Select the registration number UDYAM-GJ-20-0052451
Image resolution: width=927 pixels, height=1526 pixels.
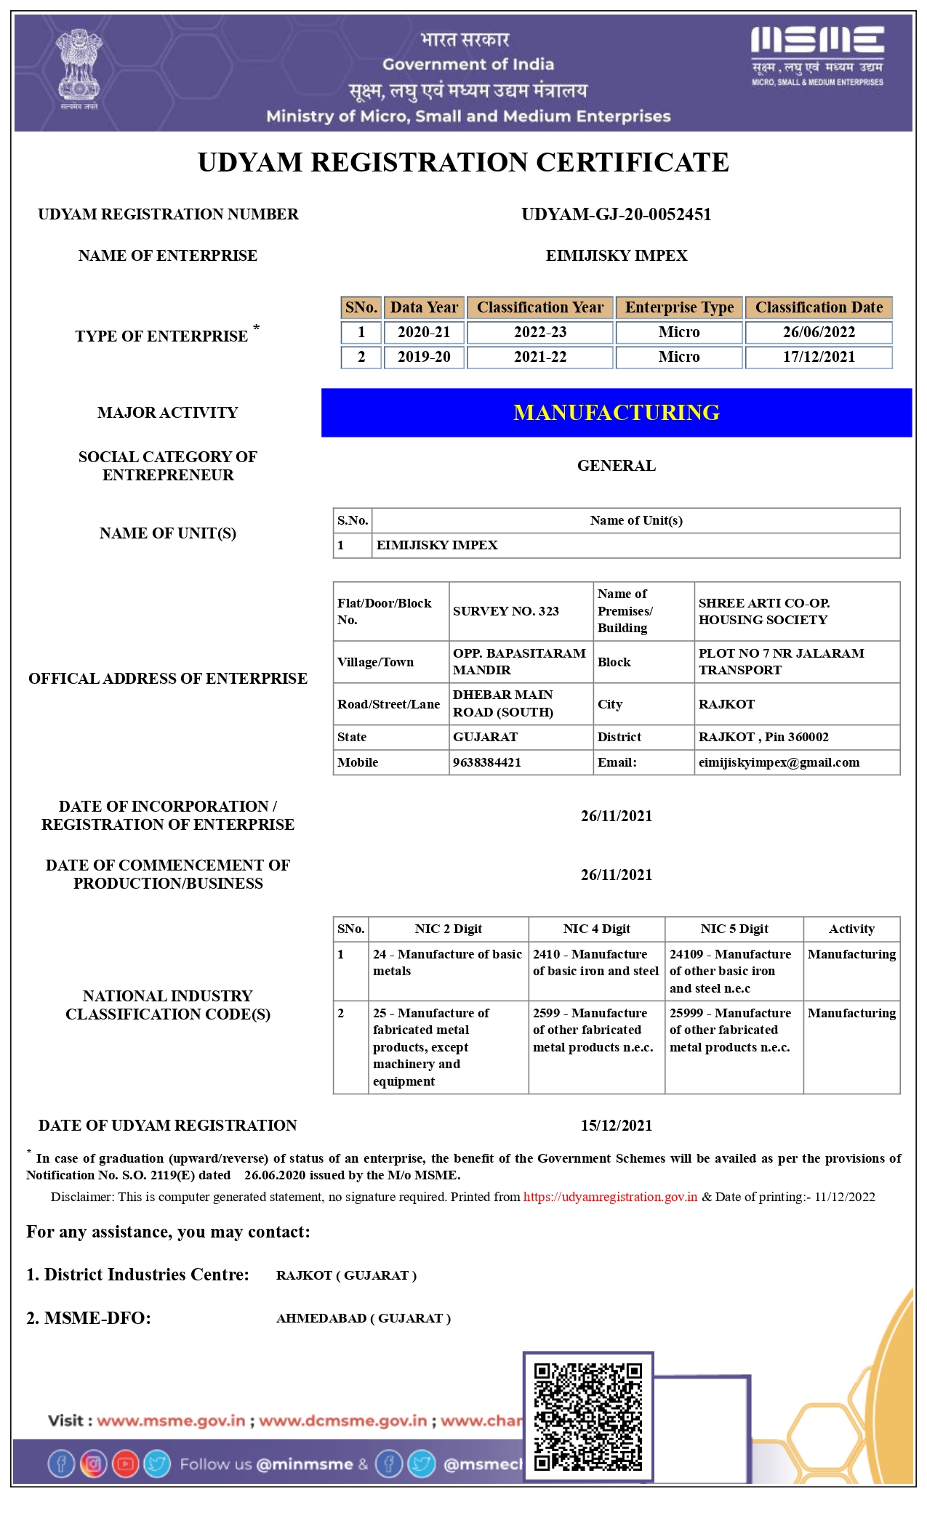coord(616,214)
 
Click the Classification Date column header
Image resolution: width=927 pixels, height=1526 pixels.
coord(819,307)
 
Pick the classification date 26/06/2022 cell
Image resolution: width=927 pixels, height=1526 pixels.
coord(819,332)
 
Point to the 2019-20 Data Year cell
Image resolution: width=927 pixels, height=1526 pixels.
coord(424,357)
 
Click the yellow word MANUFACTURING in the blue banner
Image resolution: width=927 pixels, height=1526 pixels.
coord(616,413)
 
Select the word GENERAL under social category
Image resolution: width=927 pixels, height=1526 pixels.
coord(616,466)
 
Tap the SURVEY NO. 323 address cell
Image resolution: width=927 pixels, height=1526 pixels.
coord(506,611)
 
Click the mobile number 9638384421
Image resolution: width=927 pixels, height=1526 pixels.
coord(487,762)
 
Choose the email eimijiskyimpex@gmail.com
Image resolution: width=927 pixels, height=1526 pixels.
coord(779,762)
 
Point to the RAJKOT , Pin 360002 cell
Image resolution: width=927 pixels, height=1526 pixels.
coord(763,737)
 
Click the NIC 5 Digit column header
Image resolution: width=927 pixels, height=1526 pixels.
coord(734,929)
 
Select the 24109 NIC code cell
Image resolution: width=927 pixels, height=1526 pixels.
coord(731,971)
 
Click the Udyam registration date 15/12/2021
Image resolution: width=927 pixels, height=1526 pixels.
coord(616,1126)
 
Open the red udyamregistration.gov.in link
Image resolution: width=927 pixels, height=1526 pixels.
coord(610,1197)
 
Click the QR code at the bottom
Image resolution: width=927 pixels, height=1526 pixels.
coord(588,1416)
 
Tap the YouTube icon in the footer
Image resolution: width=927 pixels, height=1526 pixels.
coord(125,1464)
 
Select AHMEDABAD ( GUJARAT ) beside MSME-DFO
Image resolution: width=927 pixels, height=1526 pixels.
coord(364,1318)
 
